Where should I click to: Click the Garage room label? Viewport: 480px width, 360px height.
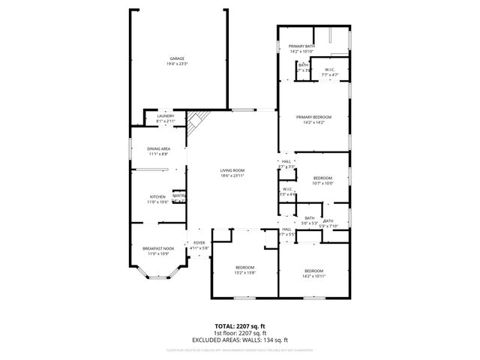[x=177, y=58]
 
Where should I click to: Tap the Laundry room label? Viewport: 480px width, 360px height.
[x=165, y=115]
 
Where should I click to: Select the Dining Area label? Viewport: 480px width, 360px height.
[x=158, y=148]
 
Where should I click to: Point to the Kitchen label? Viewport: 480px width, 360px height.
[x=157, y=196]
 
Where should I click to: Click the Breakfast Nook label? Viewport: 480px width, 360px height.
[x=157, y=248]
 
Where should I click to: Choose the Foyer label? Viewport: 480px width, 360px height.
[x=199, y=242]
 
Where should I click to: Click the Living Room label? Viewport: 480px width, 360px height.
[x=232, y=170]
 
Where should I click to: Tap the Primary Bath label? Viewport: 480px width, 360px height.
[x=301, y=46]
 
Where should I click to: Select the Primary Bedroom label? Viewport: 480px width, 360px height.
[x=313, y=117]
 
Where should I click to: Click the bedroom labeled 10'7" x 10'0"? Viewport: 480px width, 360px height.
[x=322, y=178]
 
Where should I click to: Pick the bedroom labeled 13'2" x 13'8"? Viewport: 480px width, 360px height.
[x=245, y=268]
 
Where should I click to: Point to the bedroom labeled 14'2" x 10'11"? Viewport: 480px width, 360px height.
[x=313, y=270]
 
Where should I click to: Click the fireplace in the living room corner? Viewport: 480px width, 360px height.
[x=196, y=121]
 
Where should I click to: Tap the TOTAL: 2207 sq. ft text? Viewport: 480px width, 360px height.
[x=240, y=327]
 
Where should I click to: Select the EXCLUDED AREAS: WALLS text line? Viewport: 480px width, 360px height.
[x=240, y=339]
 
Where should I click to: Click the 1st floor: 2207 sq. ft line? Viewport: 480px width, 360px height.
[x=240, y=333]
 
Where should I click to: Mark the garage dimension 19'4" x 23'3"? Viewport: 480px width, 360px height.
[x=177, y=64]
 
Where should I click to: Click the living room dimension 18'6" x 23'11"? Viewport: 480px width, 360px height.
[x=232, y=175]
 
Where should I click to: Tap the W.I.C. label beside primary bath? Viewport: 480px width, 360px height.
[x=330, y=69]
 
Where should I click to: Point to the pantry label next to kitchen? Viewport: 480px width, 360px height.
[x=179, y=196]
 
